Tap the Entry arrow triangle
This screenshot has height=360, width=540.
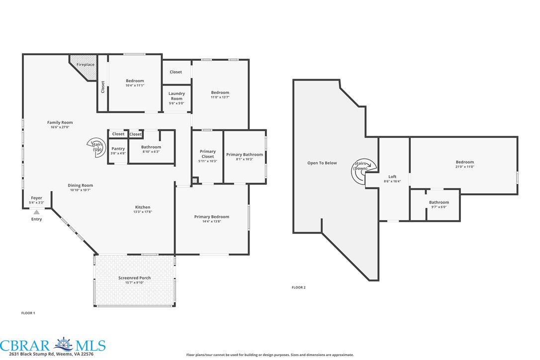pyautogui.click(x=36, y=212)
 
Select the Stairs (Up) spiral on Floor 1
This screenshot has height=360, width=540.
pyautogui.click(x=96, y=148)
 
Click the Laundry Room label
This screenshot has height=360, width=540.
pyautogui.click(x=177, y=96)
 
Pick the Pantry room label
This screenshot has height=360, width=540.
pyautogui.click(x=118, y=149)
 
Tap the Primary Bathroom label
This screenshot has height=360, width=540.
pyautogui.click(x=245, y=155)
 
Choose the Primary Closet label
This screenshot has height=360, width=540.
pyautogui.click(x=208, y=154)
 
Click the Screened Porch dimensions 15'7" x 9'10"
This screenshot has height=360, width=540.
pyautogui.click(x=134, y=282)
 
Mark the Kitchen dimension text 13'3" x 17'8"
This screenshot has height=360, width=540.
pyautogui.click(x=143, y=212)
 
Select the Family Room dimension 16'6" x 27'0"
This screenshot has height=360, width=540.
pyautogui.click(x=60, y=127)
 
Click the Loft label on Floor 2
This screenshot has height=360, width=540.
pyautogui.click(x=392, y=177)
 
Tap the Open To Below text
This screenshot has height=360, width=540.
pyautogui.click(x=322, y=163)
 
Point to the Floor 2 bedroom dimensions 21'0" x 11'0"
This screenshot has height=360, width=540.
pyautogui.click(x=464, y=167)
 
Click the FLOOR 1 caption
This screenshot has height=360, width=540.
pyautogui.click(x=28, y=313)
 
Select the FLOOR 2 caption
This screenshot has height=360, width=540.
pyautogui.click(x=298, y=287)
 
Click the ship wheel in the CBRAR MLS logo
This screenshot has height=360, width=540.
pyautogui.click(x=63, y=344)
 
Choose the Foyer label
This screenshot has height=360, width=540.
pyautogui.click(x=36, y=198)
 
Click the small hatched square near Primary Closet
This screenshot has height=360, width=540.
pyautogui.click(x=195, y=180)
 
